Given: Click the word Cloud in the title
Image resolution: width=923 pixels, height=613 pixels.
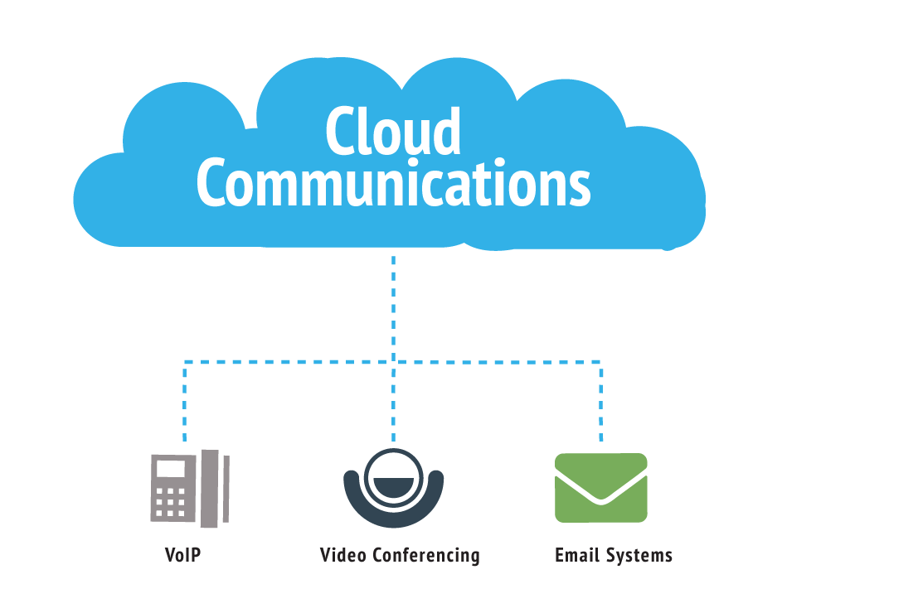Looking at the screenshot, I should [392, 132].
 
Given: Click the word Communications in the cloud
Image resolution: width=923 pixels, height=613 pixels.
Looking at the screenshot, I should [393, 184].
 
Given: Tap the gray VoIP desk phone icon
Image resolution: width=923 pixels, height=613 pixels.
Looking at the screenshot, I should [189, 489].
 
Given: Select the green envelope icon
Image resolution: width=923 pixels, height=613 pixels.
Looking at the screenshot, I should [600, 488].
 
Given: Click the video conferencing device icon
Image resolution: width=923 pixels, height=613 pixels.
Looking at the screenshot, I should [393, 489].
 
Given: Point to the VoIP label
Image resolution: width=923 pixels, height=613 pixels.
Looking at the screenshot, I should [183, 554].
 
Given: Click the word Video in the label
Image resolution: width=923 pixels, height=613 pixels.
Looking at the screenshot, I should [343, 554].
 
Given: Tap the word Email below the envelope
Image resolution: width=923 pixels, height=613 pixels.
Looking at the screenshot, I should [576, 554].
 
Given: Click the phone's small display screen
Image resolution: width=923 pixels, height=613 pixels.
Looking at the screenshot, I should [172, 469].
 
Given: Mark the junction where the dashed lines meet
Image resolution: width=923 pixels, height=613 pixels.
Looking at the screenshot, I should [393, 362].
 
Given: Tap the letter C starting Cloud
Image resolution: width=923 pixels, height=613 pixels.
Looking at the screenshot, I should [339, 132].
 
